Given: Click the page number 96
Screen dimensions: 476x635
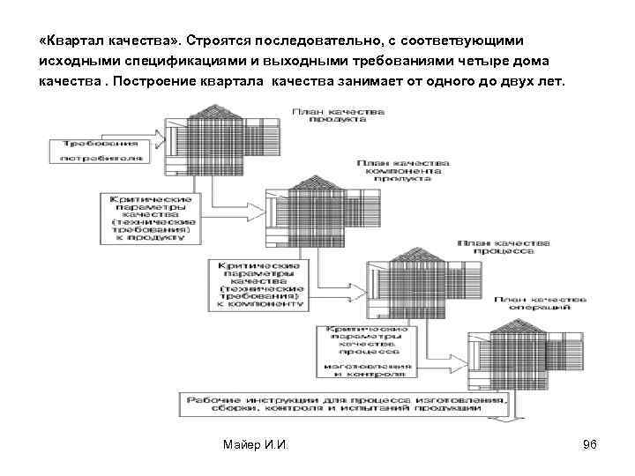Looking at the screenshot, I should [x=590, y=443].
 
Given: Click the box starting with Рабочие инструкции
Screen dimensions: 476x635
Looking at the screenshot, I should [x=345, y=405].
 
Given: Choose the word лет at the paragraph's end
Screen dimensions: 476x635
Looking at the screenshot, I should [x=557, y=82].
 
